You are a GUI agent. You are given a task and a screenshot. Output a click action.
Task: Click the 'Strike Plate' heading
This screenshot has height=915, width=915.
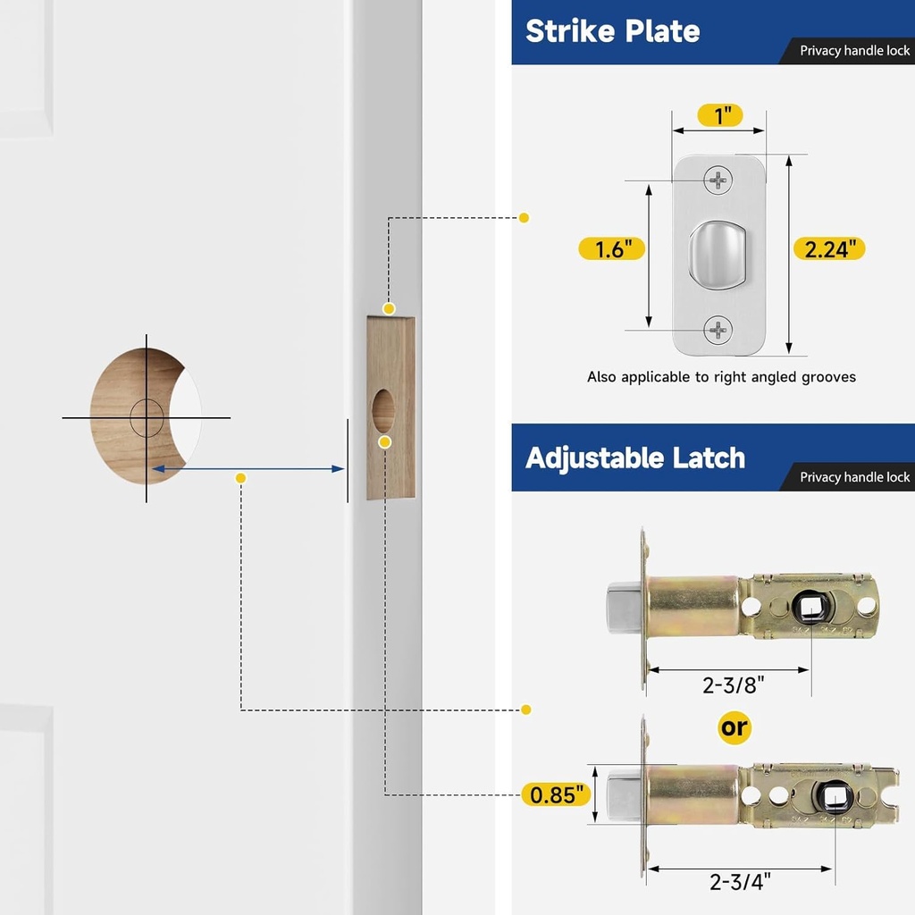pos(612,31)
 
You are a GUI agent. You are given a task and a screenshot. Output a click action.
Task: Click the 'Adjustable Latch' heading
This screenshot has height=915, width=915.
pos(634,457)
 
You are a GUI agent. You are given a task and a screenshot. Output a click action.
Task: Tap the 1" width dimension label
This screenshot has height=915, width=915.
pos(719,115)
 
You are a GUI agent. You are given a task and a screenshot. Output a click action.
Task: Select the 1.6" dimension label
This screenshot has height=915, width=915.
pos(611,248)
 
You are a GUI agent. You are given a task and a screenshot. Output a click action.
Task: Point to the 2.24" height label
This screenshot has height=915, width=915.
pos(829,248)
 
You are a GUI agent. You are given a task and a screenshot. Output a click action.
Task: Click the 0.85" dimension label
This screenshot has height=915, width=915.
pos(556,793)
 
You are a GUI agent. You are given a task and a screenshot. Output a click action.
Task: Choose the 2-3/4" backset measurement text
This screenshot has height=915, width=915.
pos(740,882)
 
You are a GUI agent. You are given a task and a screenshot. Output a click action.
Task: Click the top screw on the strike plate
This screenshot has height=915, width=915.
pos(718,180)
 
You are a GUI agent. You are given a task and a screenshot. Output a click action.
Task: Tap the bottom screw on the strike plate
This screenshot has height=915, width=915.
pos(718,331)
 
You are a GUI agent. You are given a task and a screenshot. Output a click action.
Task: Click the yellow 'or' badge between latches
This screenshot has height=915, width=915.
pos(735,727)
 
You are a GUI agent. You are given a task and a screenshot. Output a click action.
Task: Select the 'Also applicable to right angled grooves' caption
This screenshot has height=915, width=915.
pos(721,377)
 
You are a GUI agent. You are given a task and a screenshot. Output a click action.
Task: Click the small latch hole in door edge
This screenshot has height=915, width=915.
pos(383,411)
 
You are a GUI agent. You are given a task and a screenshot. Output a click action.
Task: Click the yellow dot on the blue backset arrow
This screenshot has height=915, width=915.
pos(240,479)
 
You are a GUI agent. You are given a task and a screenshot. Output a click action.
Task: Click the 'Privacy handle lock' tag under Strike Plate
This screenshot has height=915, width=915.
pos(853,51)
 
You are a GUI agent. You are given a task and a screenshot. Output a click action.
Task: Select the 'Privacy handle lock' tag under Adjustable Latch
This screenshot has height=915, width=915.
pos(853,477)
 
